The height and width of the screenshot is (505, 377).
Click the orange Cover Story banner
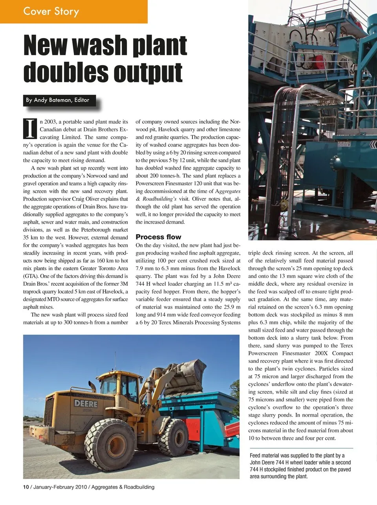click(x=73, y=11)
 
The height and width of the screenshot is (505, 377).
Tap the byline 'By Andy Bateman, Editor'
click(x=58, y=100)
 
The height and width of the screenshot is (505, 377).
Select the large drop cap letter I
click(x=30, y=129)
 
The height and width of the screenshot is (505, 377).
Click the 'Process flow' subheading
click(x=158, y=237)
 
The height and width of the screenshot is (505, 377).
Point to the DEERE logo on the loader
click(x=86, y=403)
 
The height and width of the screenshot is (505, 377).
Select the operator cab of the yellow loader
click(x=118, y=389)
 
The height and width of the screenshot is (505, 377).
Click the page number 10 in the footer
click(x=26, y=487)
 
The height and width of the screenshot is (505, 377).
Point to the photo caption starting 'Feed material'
click(x=300, y=466)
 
